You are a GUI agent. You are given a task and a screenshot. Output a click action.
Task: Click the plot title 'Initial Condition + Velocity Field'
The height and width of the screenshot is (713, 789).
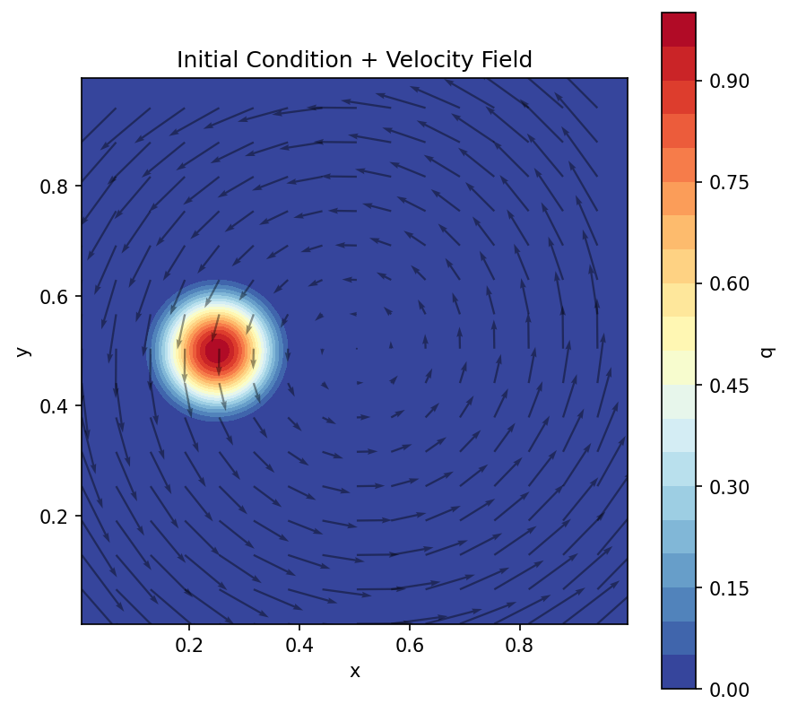pyautogui.click(x=354, y=60)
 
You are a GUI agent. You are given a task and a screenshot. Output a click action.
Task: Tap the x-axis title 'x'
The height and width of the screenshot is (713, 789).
pyautogui.click(x=354, y=671)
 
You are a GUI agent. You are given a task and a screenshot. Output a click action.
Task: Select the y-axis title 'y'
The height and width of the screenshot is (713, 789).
pyautogui.click(x=24, y=351)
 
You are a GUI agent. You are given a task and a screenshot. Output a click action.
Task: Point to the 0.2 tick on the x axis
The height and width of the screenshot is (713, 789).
pyautogui.click(x=189, y=644)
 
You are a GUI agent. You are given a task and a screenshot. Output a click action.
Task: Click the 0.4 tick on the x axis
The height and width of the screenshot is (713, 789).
pyautogui.click(x=299, y=644)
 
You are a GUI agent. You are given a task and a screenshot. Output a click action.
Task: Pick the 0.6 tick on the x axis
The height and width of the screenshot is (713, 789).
pyautogui.click(x=410, y=644)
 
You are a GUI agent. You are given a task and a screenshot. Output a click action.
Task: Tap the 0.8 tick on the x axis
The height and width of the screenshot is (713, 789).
pyautogui.click(x=520, y=644)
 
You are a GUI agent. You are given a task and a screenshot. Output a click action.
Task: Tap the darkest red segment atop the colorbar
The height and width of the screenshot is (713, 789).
pyautogui.click(x=679, y=29)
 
